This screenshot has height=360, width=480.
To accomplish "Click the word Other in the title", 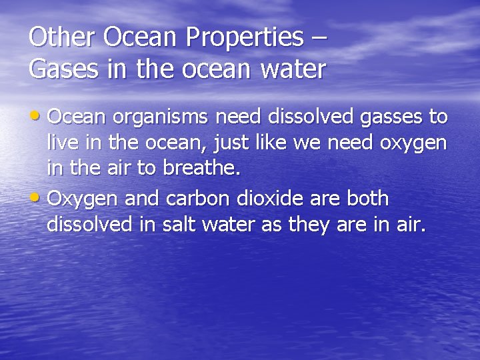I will (x=62, y=37).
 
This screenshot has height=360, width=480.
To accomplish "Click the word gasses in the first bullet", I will (x=391, y=118).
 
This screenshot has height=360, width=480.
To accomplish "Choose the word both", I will (x=365, y=198).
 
